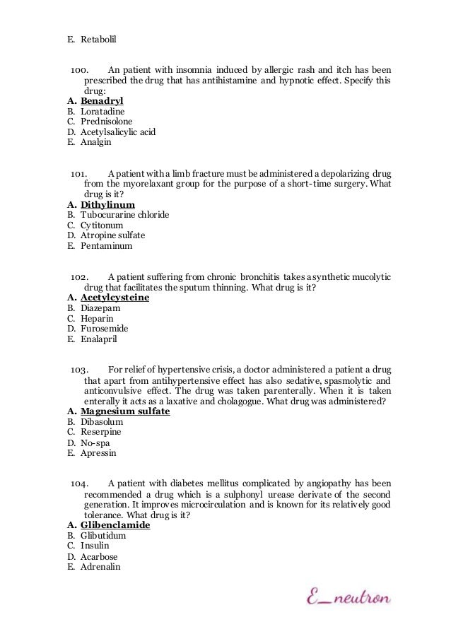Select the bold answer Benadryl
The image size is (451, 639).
coord(102,101)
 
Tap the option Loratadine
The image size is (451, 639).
coord(102,112)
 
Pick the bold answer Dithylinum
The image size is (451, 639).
coord(107,205)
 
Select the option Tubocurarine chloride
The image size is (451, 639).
coord(124,215)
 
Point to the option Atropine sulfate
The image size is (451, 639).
coord(112,235)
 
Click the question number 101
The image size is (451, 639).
coord(81,174)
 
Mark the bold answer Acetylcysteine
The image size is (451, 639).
coord(115,298)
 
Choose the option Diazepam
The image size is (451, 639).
coord(100,308)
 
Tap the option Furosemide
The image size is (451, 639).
coord(104,329)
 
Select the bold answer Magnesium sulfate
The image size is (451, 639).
coord(125,411)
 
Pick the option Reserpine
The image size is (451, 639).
coord(101,431)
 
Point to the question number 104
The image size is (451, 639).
coord(81,484)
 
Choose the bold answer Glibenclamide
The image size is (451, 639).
coord(115,526)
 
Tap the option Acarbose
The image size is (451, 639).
coord(99,557)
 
